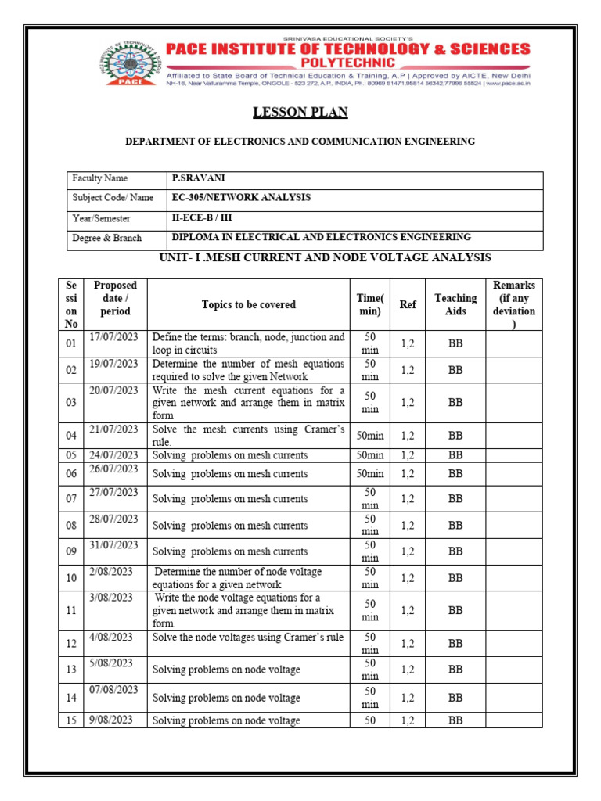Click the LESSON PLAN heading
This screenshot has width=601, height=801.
pos(300,113)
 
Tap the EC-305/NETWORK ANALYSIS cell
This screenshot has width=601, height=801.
pos(241,198)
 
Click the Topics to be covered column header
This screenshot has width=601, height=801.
pos(248,305)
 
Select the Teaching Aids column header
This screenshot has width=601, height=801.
pos(455,304)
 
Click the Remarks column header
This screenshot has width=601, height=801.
pos(513,304)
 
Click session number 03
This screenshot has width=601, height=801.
pos(71,403)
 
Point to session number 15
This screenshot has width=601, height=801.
pos(71,720)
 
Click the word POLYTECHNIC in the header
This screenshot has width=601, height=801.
pos(348,63)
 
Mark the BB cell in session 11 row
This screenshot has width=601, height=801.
pos(455,611)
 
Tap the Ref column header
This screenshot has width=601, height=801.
pos(408,305)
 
